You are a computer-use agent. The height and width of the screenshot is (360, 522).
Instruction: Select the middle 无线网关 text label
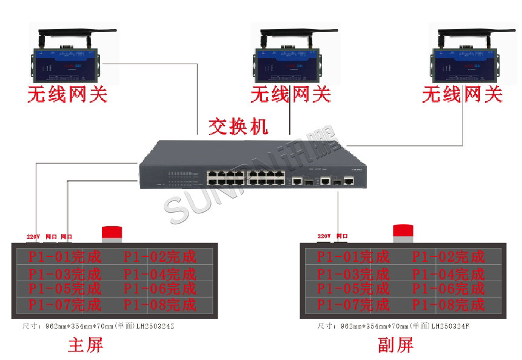tap(290, 95)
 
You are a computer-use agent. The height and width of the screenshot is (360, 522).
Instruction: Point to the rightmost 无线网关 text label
tap(463, 95)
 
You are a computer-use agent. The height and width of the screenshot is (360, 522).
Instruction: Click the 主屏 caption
tap(85, 345)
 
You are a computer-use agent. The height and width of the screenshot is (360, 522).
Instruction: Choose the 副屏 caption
tap(395, 345)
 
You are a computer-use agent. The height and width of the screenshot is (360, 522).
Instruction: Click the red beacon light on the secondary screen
tap(403, 232)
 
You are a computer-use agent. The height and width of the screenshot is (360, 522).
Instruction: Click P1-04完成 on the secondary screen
tap(449, 273)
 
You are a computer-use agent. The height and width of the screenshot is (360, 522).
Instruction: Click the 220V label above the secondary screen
tap(324, 236)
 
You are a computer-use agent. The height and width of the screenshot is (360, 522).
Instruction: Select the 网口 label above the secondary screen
tap(342, 236)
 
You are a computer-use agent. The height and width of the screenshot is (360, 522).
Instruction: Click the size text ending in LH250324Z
tap(99, 326)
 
